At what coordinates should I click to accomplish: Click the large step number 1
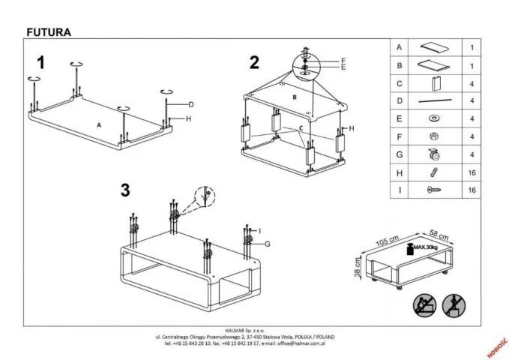(x=42, y=63)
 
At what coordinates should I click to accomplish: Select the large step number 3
(x=125, y=190)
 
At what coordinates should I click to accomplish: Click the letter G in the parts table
(x=400, y=154)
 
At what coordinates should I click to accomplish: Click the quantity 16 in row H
(x=472, y=173)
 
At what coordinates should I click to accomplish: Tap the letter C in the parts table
(x=400, y=83)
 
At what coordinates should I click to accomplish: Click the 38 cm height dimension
(x=358, y=265)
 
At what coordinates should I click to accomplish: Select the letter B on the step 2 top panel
(x=294, y=98)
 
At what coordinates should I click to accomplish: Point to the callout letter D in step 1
(x=191, y=104)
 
